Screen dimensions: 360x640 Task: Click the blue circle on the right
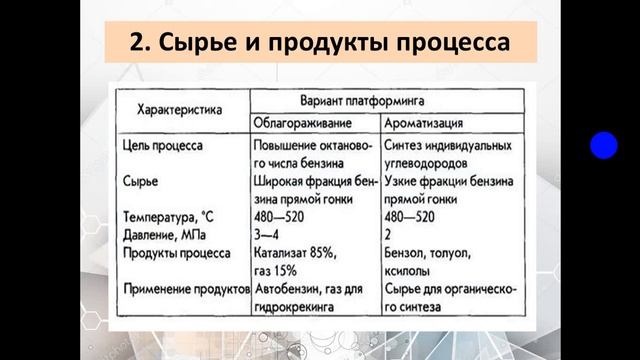coord(603,146)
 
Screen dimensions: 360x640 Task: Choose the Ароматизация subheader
coord(423,123)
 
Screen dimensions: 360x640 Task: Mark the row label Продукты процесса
coord(175,252)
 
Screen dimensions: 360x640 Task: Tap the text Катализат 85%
coord(295,252)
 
